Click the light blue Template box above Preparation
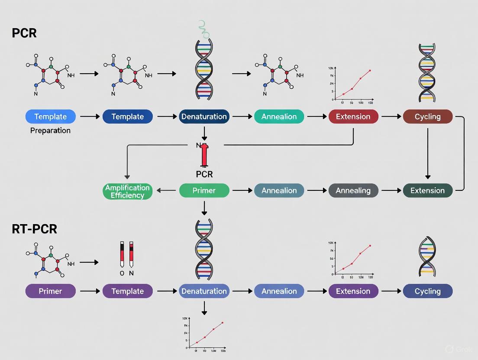[x=51, y=116]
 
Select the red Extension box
[x=353, y=116]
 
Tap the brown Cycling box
[x=428, y=116]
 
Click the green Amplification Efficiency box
[x=127, y=191]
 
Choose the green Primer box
[x=204, y=190]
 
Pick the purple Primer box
[x=51, y=291]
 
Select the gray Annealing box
[x=353, y=190]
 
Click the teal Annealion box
[x=279, y=116]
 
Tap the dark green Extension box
[x=428, y=190]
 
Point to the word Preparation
[x=50, y=131]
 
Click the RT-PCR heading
[x=35, y=229]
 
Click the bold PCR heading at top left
[x=24, y=33]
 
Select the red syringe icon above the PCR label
[x=204, y=155]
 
